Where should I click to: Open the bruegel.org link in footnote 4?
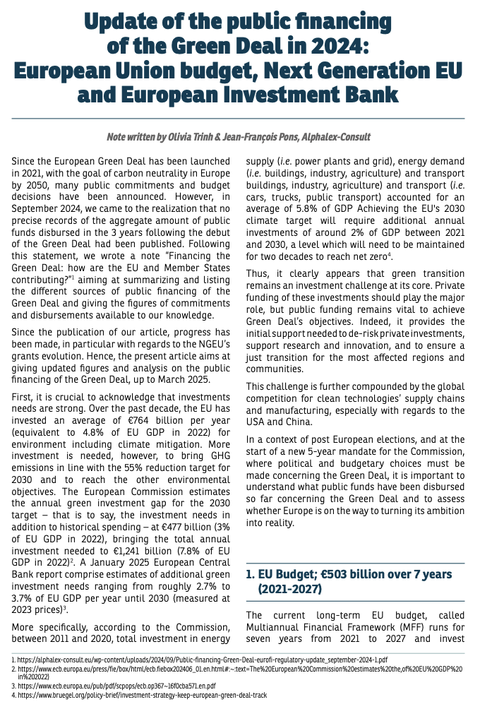click(142, 695)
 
